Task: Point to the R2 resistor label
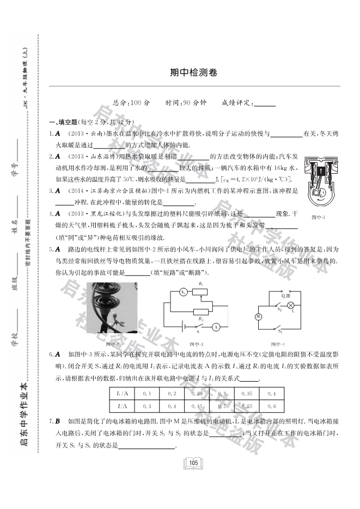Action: (x=202, y=318)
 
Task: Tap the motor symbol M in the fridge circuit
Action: (x=258, y=316)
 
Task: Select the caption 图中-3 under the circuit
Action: (x=197, y=344)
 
